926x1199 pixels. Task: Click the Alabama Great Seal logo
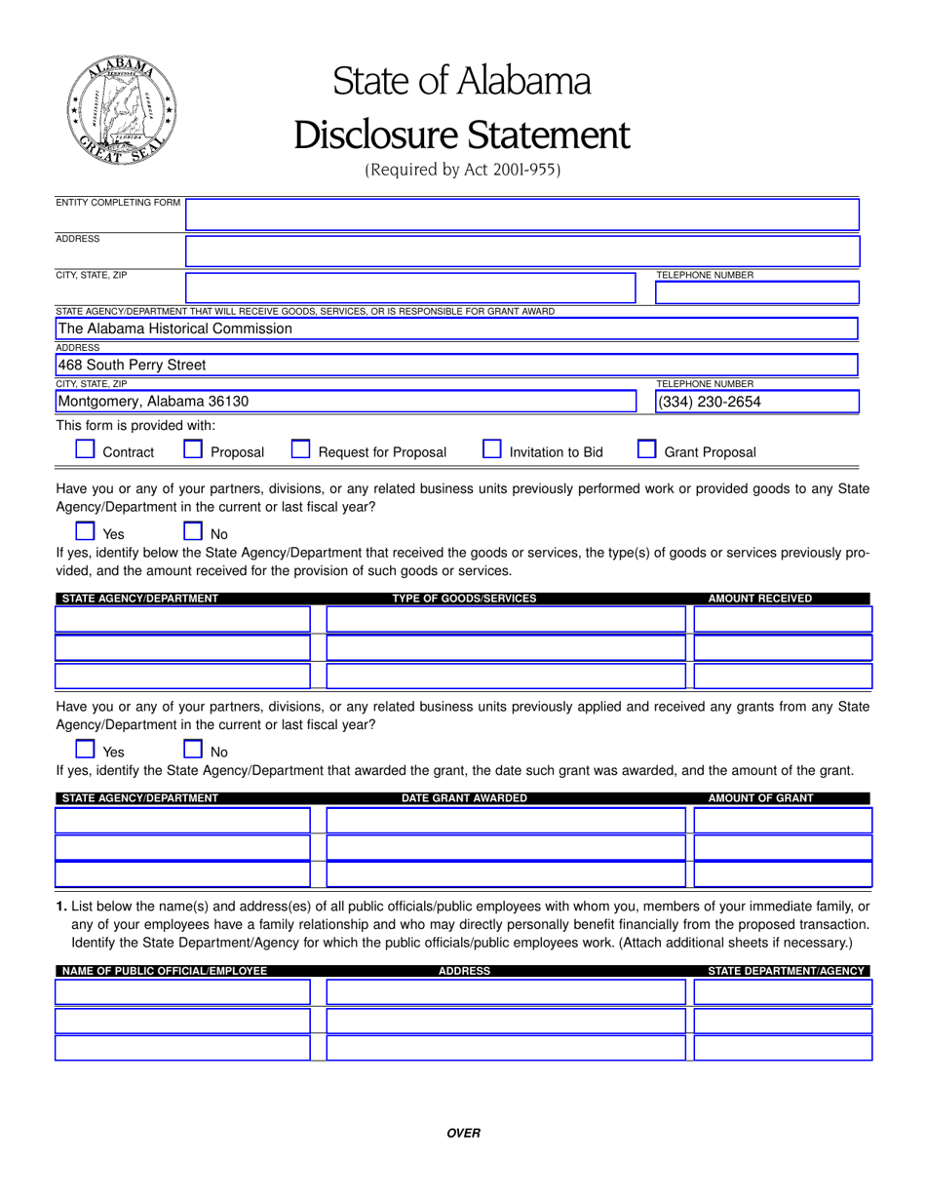(122, 109)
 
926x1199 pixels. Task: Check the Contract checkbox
(86, 449)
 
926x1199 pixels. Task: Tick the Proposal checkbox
(193, 449)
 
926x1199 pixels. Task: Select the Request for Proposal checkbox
(301, 449)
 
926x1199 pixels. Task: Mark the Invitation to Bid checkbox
(492, 449)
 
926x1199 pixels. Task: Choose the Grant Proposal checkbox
(646, 449)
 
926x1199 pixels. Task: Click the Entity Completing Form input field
(521, 214)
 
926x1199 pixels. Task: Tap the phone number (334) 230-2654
(710, 402)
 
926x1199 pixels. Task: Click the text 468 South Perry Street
(132, 366)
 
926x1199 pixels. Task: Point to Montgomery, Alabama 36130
(153, 402)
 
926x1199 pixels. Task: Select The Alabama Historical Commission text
(174, 329)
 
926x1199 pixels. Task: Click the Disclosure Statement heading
(462, 135)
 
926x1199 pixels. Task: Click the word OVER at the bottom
(463, 1133)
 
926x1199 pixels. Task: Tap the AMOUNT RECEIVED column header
(759, 599)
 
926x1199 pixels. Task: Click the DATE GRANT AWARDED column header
(464, 798)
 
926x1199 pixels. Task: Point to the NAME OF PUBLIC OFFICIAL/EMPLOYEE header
(164, 972)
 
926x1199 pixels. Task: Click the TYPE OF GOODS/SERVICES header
(464, 599)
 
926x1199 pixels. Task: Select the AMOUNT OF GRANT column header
(760, 798)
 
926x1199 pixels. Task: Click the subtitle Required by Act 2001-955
(462, 170)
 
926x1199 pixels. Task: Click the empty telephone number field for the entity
(756, 292)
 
